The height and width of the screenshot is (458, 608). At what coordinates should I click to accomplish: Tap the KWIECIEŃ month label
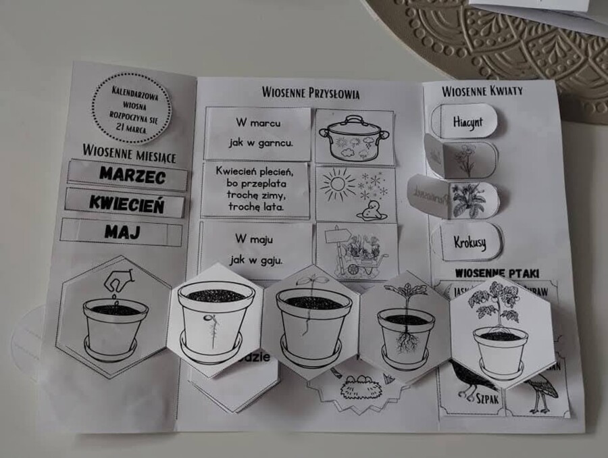[x=126, y=203]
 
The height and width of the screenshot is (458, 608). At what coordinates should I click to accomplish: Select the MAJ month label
[x=122, y=233]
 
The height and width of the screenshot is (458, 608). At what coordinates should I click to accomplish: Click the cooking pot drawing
[x=355, y=138]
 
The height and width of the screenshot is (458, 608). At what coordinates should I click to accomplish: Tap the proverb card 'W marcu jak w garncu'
[x=258, y=134]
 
